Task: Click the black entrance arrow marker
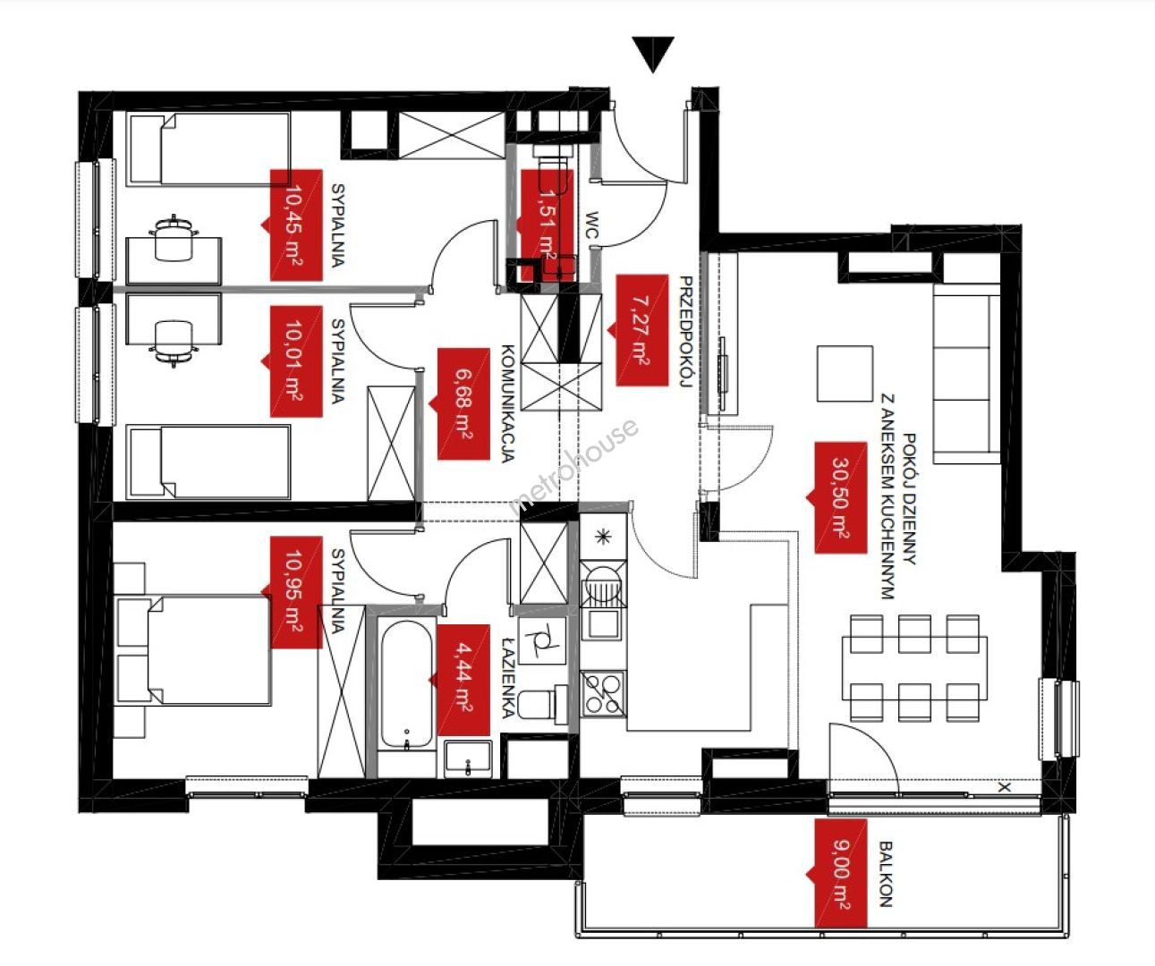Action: pyautogui.click(x=653, y=55)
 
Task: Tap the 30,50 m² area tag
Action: pyautogui.click(x=841, y=497)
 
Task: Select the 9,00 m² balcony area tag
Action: pyautogui.click(x=841, y=880)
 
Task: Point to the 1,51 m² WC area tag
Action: pyautogui.click(x=547, y=225)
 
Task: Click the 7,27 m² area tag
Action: pyautogui.click(x=641, y=330)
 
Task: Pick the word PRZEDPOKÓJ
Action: pyautogui.click(x=686, y=332)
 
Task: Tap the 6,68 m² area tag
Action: pyautogui.click(x=463, y=403)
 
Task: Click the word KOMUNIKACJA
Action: pyautogui.click(x=508, y=403)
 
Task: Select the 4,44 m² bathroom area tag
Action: pyautogui.click(x=463, y=682)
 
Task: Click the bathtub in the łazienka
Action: pyautogui.click(x=406, y=685)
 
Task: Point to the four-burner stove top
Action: pyautogui.click(x=604, y=693)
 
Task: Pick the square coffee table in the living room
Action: pyautogui.click(x=845, y=374)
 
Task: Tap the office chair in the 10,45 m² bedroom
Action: pyautogui.click(x=174, y=238)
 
